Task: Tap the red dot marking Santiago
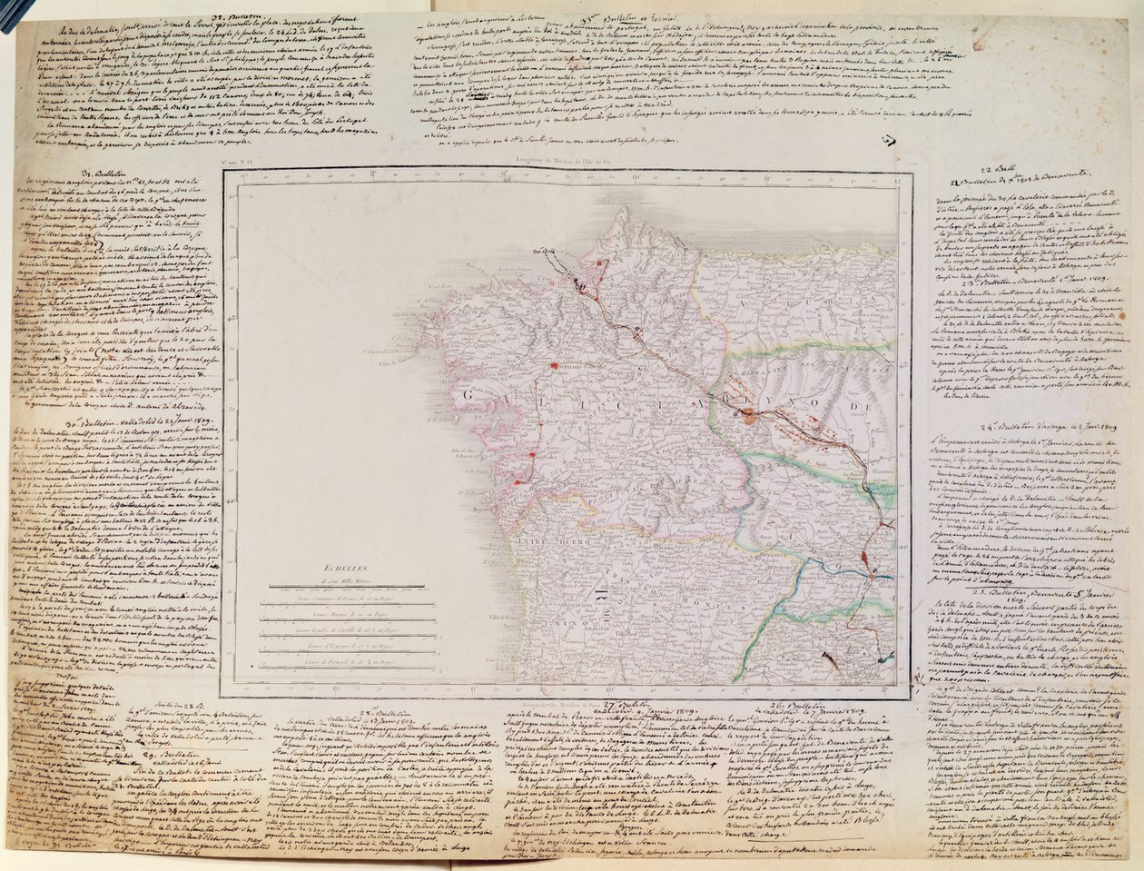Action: pyautogui.click(x=551, y=367)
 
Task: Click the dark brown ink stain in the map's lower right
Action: pyautogui.click(x=828, y=655)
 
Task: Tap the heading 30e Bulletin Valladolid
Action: pyautogui.click(x=127, y=421)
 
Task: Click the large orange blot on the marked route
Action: pyautogui.click(x=747, y=417)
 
